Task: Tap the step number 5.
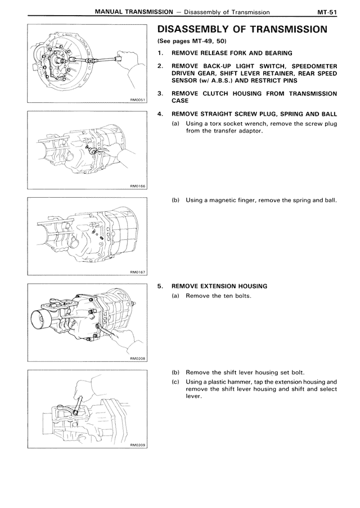click(x=160, y=286)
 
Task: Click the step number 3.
click(x=160, y=93)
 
